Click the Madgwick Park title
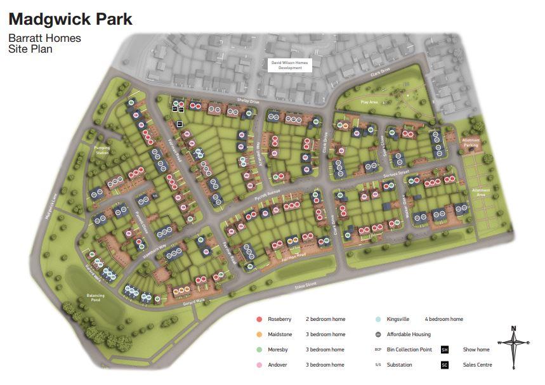coord(70,19)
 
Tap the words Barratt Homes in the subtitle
coord(44,38)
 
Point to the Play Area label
coord(369,101)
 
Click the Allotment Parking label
coord(470,143)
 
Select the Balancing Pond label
coord(95,297)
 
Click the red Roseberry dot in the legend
coord(259,319)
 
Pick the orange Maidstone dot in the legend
coord(259,334)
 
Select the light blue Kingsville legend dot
coord(378,319)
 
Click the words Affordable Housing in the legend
coord(409,334)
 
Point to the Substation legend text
coord(399,365)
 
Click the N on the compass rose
coord(513,328)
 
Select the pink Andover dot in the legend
coord(259,365)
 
